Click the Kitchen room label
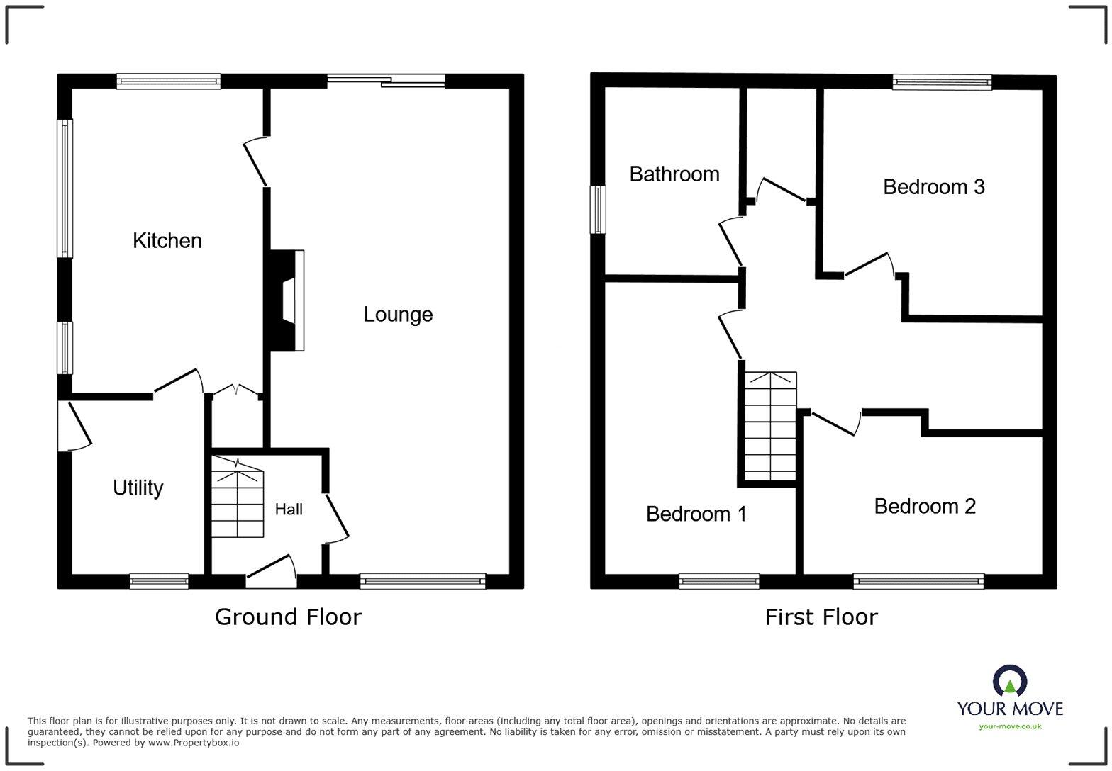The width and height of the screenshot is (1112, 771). click(167, 241)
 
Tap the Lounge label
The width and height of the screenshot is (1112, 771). click(398, 315)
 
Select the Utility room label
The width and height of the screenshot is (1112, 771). click(138, 488)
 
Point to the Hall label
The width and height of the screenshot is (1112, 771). click(289, 509)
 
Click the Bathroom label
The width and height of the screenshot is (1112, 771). click(674, 174)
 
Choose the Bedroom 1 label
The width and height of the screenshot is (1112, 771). click(696, 514)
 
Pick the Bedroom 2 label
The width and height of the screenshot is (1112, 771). click(924, 506)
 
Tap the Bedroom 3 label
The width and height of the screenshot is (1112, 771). click(933, 187)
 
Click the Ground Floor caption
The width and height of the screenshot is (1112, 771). click(288, 617)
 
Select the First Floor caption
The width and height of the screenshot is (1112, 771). click(821, 617)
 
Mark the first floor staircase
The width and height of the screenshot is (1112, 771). click(771, 427)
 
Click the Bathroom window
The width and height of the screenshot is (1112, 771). click(599, 209)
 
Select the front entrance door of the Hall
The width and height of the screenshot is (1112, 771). click(271, 573)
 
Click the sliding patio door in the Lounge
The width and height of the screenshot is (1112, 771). click(387, 81)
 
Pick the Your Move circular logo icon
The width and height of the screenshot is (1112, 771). click(1009, 681)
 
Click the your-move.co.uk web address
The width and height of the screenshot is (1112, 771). click(1010, 726)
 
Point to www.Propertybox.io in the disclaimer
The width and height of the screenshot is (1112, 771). click(193, 743)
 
